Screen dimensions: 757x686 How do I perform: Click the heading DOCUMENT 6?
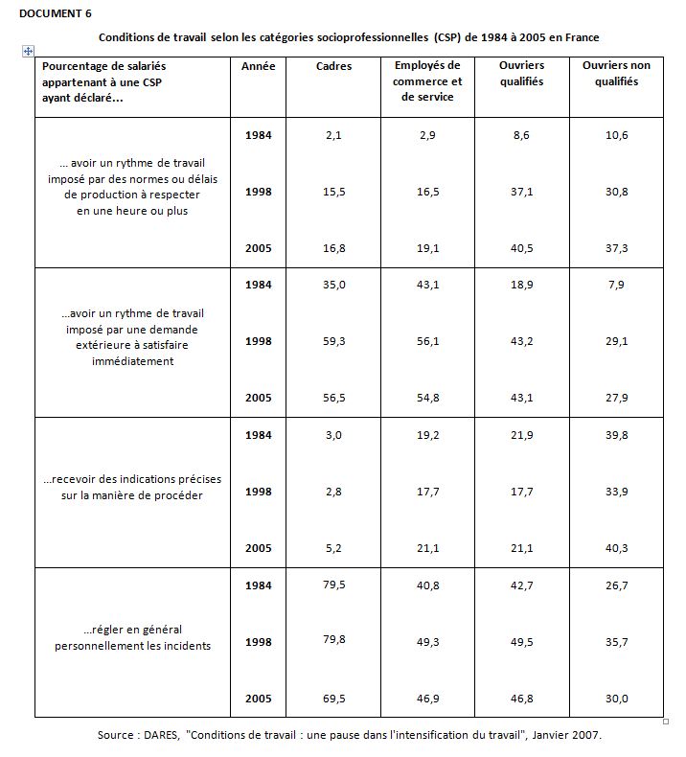tap(57, 13)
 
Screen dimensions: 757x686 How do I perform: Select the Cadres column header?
tap(333, 66)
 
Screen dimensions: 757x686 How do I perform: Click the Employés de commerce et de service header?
tap(427, 81)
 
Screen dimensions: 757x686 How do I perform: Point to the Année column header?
tap(258, 66)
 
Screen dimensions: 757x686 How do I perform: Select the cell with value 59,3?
tap(333, 340)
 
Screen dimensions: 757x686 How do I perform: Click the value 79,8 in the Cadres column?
tap(333, 640)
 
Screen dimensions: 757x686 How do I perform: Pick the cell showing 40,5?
tap(521, 248)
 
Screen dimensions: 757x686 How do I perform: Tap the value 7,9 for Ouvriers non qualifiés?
tap(616, 285)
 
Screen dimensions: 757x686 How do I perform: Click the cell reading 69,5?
tap(333, 699)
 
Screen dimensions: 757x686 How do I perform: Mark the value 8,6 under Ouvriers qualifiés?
tap(521, 135)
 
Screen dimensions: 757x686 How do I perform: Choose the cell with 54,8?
tap(427, 397)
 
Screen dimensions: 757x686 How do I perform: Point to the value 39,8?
tap(616, 435)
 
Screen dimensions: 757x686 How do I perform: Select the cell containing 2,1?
tap(333, 135)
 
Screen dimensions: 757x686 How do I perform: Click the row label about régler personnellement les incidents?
tap(132, 637)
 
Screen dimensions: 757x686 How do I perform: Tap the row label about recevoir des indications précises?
tap(132, 487)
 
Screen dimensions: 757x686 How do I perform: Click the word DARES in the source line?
tap(160, 735)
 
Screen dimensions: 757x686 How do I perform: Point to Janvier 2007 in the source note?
tap(565, 735)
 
